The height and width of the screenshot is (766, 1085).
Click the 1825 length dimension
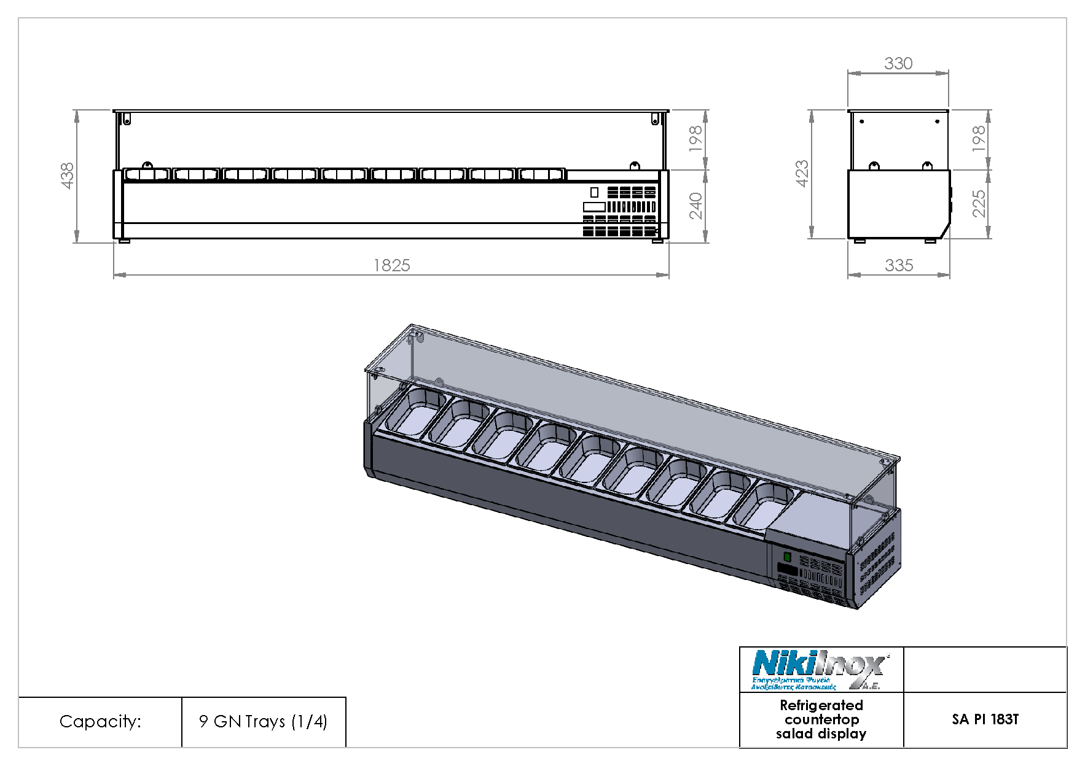(392, 265)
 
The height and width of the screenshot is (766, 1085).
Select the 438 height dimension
(67, 176)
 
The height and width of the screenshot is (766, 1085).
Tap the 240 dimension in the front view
(695, 206)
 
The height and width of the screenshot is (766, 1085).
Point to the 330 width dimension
(898, 63)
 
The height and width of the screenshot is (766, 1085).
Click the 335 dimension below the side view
(899, 265)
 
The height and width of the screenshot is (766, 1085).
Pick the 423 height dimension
(802, 174)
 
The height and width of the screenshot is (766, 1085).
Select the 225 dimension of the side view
(979, 203)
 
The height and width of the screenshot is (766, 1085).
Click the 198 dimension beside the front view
(695, 139)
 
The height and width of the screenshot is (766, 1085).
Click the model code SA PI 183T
(985, 719)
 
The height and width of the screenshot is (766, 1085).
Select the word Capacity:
(100, 721)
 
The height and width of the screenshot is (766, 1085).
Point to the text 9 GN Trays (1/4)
(263, 721)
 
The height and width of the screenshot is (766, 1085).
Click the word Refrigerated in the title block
(821, 705)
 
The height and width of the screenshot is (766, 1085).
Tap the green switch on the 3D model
(788, 557)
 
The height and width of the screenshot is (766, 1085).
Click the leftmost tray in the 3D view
(417, 412)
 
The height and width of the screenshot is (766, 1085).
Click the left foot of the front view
(124, 241)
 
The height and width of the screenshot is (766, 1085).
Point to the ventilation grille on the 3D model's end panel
(877, 565)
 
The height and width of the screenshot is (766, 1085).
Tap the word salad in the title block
(794, 734)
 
